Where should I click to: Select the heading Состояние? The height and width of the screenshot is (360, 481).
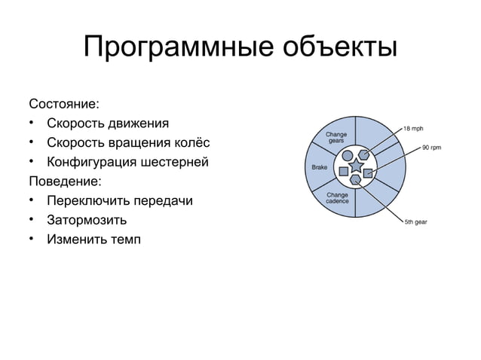pyautogui.click(x=63, y=102)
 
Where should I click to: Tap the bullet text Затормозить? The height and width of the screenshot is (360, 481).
pyautogui.click(x=86, y=221)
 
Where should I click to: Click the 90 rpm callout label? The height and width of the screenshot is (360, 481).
pyautogui.click(x=431, y=148)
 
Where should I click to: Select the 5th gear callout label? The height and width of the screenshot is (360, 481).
pyautogui.click(x=416, y=222)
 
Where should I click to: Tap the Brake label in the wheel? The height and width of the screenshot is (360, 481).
pyautogui.click(x=319, y=166)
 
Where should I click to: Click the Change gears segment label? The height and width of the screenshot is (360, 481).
pyautogui.click(x=336, y=138)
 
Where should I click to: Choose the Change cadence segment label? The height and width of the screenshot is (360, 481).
pyautogui.click(x=336, y=198)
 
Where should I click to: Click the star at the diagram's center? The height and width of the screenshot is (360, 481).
pyautogui.click(x=355, y=166)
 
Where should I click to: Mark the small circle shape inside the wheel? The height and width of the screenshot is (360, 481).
pyautogui.click(x=348, y=156)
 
